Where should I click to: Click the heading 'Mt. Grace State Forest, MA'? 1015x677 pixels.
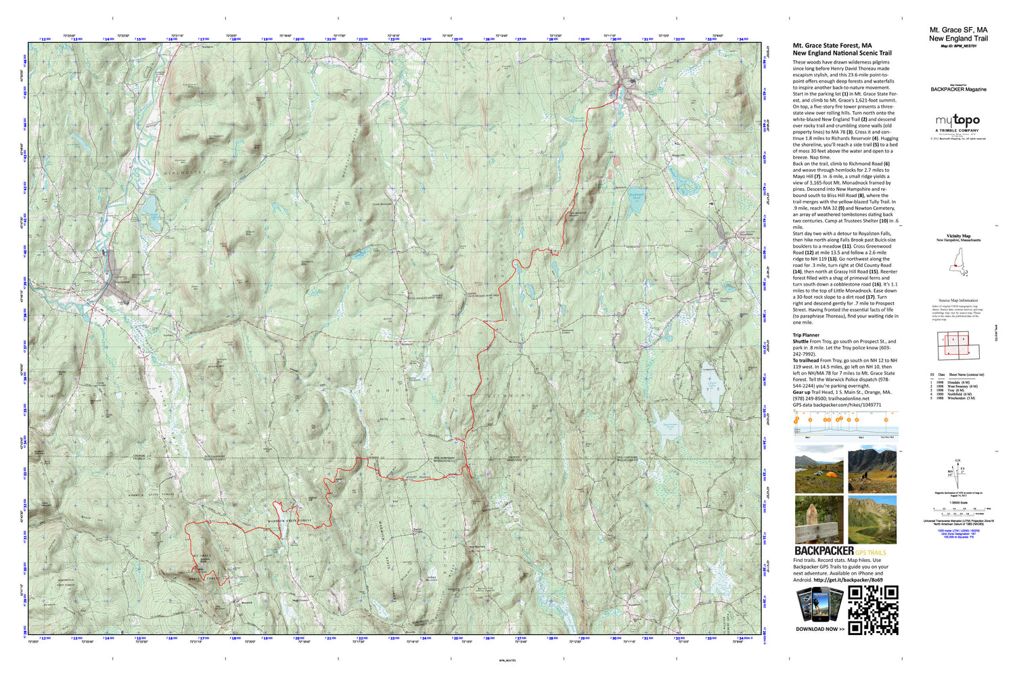832,46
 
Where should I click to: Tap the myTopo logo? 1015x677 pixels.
957,121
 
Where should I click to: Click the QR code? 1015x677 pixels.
873,610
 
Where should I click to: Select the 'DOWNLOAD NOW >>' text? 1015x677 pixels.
819,629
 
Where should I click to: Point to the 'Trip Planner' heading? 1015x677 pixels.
806,335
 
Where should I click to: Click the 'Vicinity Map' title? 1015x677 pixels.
957,236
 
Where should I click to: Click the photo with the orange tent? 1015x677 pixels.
819,468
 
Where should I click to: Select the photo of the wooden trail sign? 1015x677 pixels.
819,520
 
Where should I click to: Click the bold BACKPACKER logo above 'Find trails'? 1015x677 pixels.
824,551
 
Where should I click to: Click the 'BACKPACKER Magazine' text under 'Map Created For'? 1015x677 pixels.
958,89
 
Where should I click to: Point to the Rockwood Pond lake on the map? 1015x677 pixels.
635,200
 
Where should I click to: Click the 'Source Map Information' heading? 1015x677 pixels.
957,301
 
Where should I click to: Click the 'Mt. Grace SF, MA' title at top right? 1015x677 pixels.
957,30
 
